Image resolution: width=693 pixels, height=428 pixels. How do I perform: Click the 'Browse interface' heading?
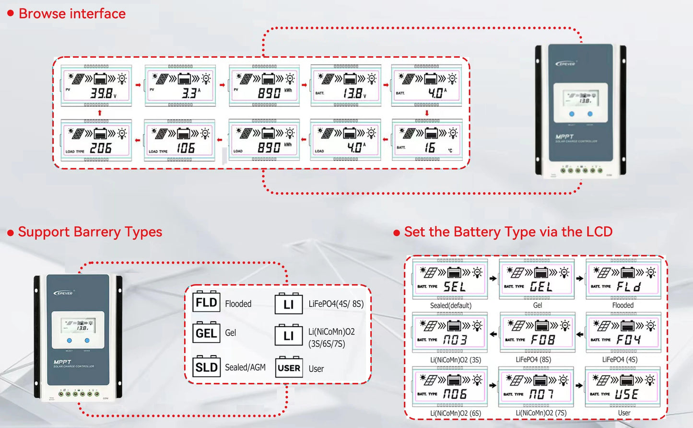(x=72, y=14)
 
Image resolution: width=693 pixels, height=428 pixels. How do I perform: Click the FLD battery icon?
(x=206, y=302)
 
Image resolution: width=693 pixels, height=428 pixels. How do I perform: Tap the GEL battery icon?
(x=206, y=333)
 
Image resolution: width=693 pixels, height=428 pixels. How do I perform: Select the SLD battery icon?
(x=206, y=367)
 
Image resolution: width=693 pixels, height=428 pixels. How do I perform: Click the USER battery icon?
(x=289, y=368)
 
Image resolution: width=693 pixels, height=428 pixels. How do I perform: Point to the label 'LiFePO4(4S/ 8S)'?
(x=336, y=304)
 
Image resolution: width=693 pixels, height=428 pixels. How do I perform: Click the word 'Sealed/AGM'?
(x=245, y=368)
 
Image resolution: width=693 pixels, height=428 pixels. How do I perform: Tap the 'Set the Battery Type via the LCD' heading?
(x=508, y=232)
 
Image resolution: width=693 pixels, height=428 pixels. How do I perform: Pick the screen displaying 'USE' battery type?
(x=623, y=387)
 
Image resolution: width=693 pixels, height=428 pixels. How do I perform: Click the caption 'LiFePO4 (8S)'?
(x=533, y=359)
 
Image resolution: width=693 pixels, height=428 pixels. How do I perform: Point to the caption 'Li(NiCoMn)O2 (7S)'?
(x=541, y=413)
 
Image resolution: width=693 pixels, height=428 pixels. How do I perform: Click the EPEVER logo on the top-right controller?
(x=566, y=63)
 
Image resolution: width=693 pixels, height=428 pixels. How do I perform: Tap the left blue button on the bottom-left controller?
(x=70, y=340)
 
